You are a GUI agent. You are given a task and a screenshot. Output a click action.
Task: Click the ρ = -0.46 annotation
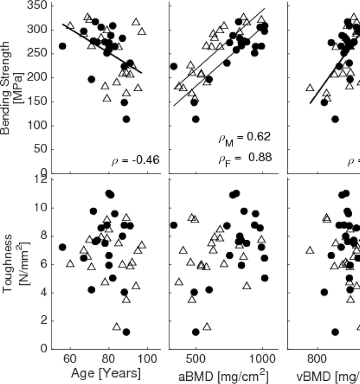[x=136, y=160]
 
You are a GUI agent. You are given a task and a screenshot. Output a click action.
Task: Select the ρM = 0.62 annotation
[x=245, y=138]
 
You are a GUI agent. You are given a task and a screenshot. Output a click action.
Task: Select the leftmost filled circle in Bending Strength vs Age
[x=62, y=46]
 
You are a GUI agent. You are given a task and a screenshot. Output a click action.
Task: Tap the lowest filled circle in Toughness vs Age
[x=126, y=332]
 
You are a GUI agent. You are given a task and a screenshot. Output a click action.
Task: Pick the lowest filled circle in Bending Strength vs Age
[x=126, y=119]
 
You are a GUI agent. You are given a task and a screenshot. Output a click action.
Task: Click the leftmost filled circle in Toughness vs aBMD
[x=174, y=225]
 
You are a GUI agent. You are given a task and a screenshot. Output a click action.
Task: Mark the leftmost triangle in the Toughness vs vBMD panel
[x=310, y=250]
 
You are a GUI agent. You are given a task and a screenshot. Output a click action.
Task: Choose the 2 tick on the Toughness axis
[x=43, y=321]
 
